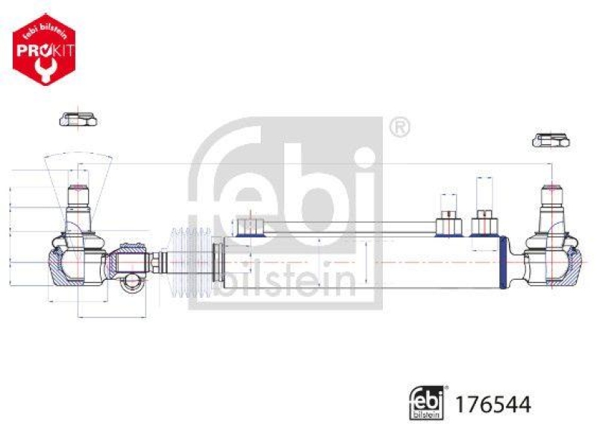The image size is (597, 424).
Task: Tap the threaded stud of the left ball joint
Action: pyautogui.click(x=78, y=198)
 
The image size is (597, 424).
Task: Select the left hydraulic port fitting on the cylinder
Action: pyautogui.click(x=448, y=223)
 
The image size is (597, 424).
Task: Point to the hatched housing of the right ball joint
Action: pyautogui.click(x=571, y=265)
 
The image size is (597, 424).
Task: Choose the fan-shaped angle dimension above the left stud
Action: pyautogui.click(x=78, y=168)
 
